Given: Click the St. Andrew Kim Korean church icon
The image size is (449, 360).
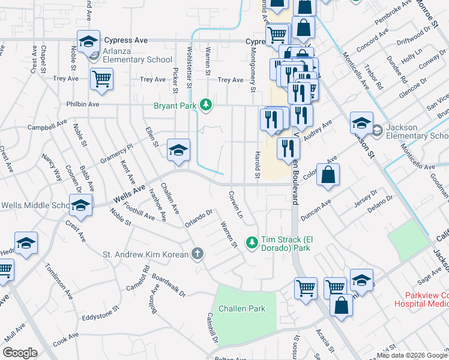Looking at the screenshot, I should (x=196, y=254).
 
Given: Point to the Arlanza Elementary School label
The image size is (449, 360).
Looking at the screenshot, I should (x=129, y=59).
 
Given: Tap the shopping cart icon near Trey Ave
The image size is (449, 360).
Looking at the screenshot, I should (x=101, y=79).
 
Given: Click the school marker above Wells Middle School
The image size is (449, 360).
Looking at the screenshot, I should (x=80, y=206).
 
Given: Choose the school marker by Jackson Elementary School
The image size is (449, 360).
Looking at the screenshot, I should (x=361, y=124).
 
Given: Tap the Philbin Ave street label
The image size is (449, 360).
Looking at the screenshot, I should (x=85, y=104).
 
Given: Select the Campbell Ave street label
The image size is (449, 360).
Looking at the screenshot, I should (x=47, y=126).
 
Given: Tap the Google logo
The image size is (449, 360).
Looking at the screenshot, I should (x=20, y=353).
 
